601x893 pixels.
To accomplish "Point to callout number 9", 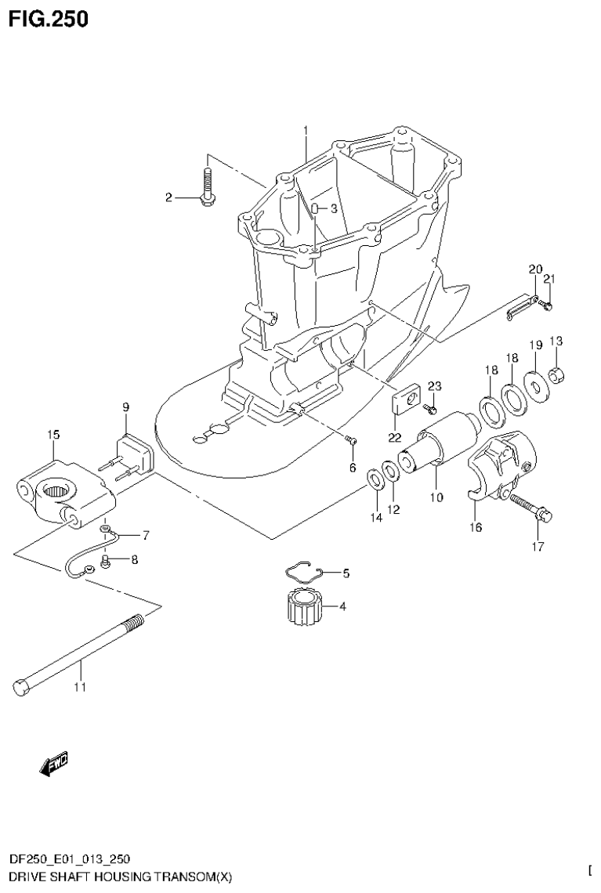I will (x=125, y=407).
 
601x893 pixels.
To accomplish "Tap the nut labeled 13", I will (x=556, y=375).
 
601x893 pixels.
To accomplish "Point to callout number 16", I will (x=476, y=527).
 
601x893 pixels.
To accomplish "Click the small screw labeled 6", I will (x=351, y=443).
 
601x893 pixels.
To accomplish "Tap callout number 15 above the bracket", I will (x=52, y=433).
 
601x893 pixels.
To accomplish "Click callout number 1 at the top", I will (x=306, y=130).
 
